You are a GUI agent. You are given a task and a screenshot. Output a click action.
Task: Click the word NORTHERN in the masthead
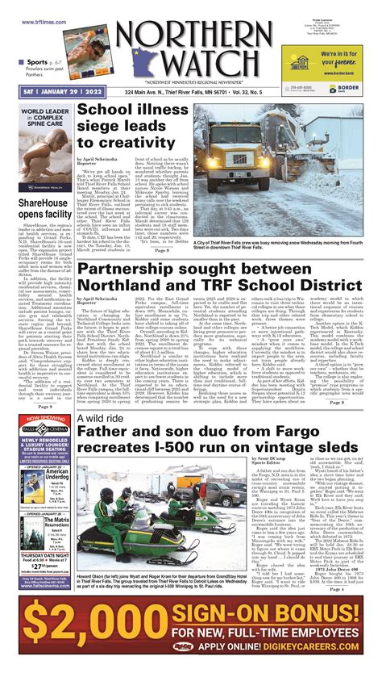[192, 34]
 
